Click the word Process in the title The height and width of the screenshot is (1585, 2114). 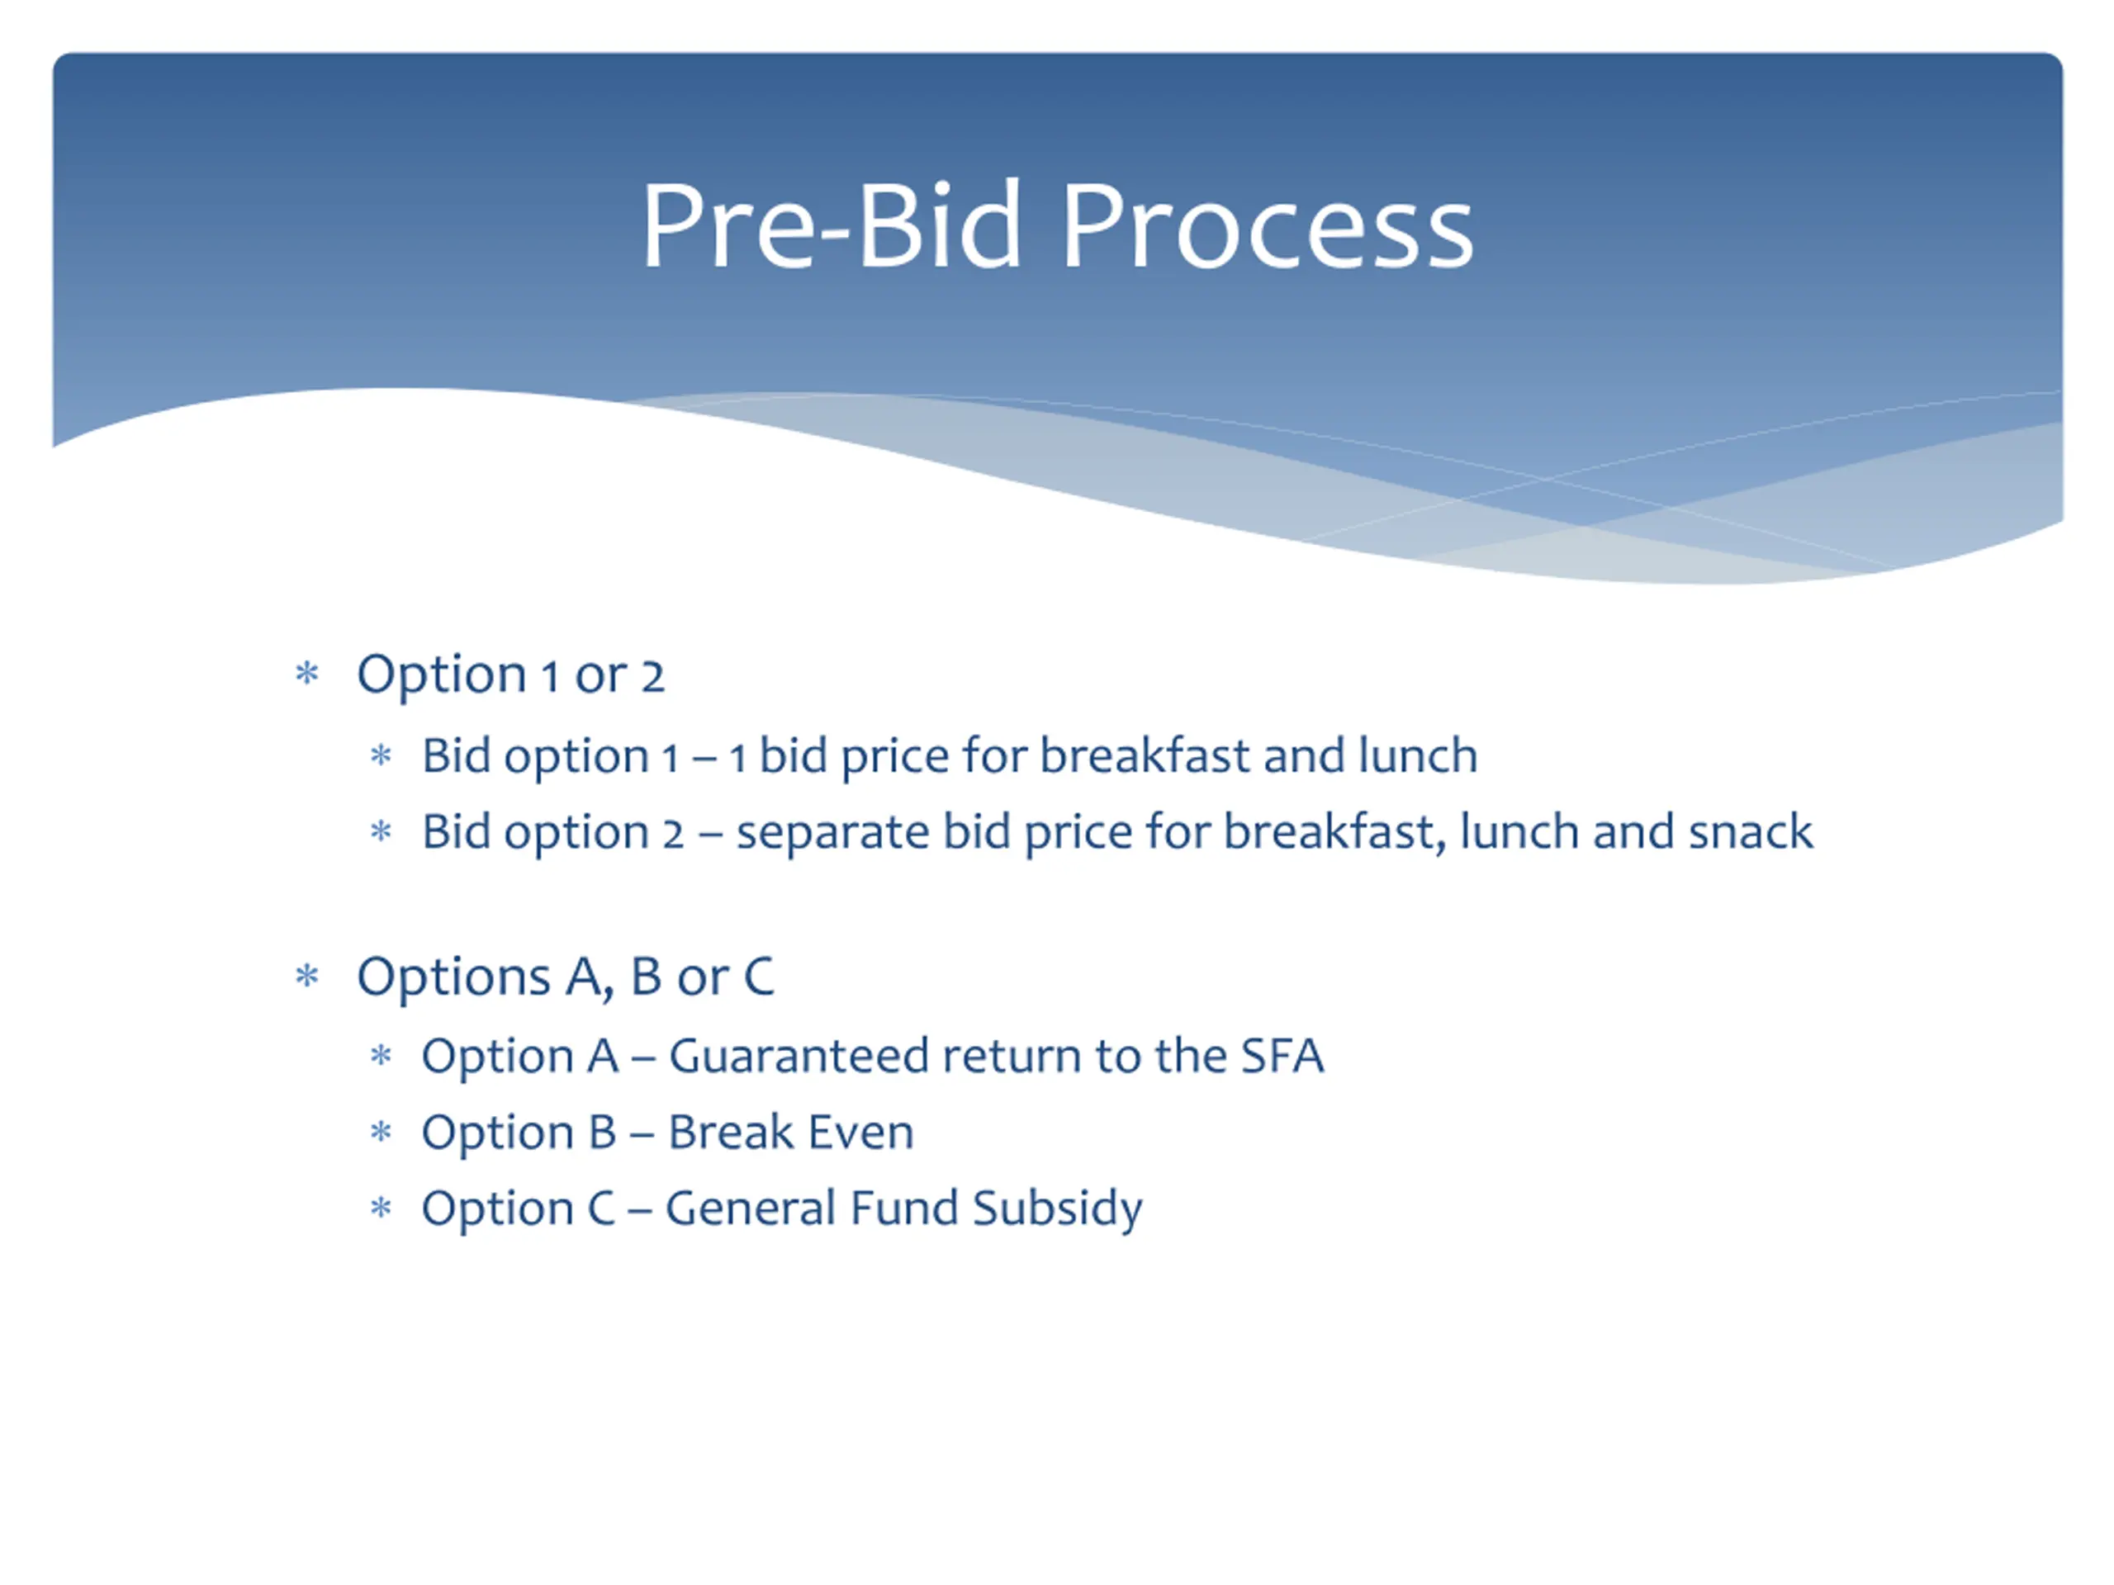1268,226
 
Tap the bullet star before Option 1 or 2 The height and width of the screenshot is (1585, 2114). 307,674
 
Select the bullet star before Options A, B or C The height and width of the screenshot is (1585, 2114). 307,976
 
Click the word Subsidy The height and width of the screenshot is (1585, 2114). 1057,1209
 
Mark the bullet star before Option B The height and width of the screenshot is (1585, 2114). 382,1132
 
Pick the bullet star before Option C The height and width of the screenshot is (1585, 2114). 382,1208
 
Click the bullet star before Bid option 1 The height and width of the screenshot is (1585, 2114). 382,755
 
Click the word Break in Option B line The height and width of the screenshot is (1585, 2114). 731,1131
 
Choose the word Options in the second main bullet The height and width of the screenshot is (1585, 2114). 454,977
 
